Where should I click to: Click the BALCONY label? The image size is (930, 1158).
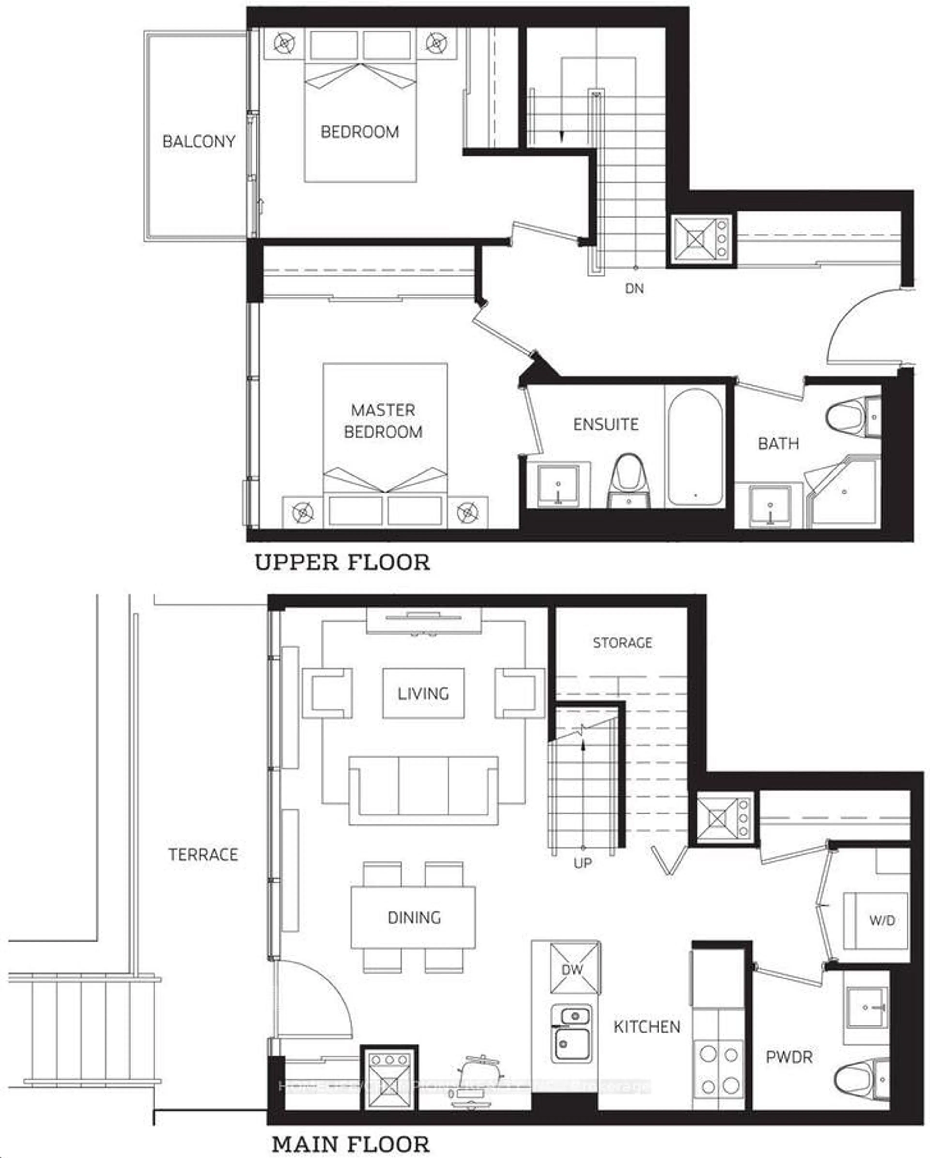pos(199,141)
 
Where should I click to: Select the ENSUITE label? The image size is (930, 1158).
pos(606,424)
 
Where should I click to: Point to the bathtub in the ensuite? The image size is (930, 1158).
pos(694,447)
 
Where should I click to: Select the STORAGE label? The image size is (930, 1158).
pos(622,642)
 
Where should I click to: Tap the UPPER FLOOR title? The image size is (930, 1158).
pos(342,562)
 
